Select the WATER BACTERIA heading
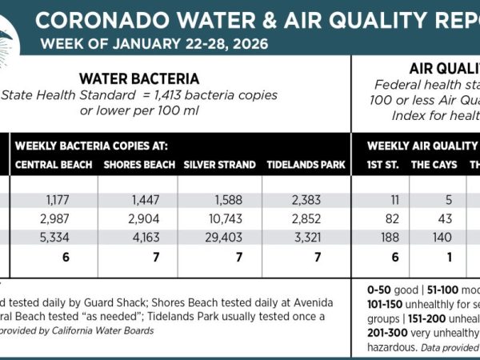139,78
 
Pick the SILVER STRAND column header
219,165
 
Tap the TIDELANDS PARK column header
306,165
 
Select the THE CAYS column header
434,165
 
